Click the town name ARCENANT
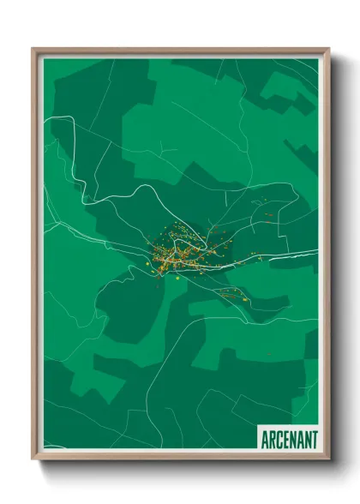(288, 439)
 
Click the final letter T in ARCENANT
(314, 439)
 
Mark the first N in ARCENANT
(292, 439)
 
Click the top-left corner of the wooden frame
(33, 49)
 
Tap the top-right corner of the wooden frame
(328, 49)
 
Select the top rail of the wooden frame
(180, 51)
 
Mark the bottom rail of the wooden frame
(180, 457)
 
